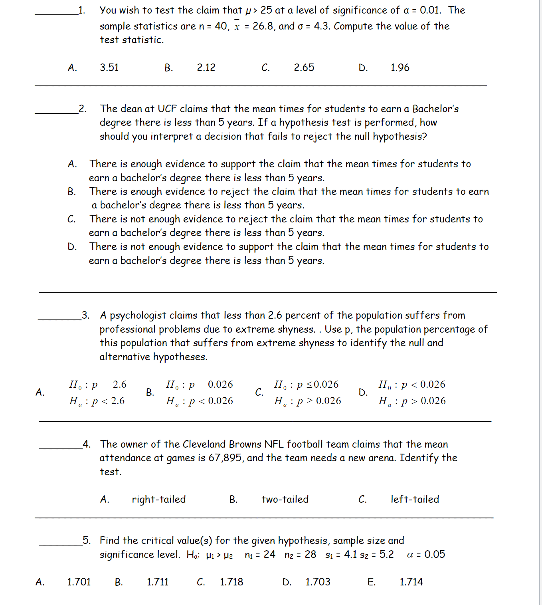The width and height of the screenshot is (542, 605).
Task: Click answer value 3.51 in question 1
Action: (109, 67)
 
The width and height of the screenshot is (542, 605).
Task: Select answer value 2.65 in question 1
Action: (304, 67)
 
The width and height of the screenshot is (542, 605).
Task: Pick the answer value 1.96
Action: (400, 67)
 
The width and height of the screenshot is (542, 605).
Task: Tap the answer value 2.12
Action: (206, 67)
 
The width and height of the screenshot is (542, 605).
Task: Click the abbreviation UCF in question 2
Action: (167, 109)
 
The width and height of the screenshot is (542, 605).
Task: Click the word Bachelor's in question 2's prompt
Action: (435, 109)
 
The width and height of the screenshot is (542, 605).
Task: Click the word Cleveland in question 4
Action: (204, 444)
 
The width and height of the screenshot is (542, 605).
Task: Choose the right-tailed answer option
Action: (158, 499)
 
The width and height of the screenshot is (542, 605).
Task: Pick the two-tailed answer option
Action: (285, 499)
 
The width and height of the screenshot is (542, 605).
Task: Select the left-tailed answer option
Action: (415, 499)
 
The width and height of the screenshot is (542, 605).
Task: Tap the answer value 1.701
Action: (79, 582)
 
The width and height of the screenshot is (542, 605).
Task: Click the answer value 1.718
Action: (231, 582)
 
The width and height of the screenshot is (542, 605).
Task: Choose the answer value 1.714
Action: (411, 582)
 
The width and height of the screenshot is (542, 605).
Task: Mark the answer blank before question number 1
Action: (56, 14)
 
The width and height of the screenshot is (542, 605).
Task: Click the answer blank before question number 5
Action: (61, 544)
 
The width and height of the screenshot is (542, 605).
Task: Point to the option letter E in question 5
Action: (371, 582)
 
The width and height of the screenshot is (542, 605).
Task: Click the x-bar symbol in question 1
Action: (237, 26)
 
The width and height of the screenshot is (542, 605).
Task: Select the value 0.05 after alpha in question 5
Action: (434, 554)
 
